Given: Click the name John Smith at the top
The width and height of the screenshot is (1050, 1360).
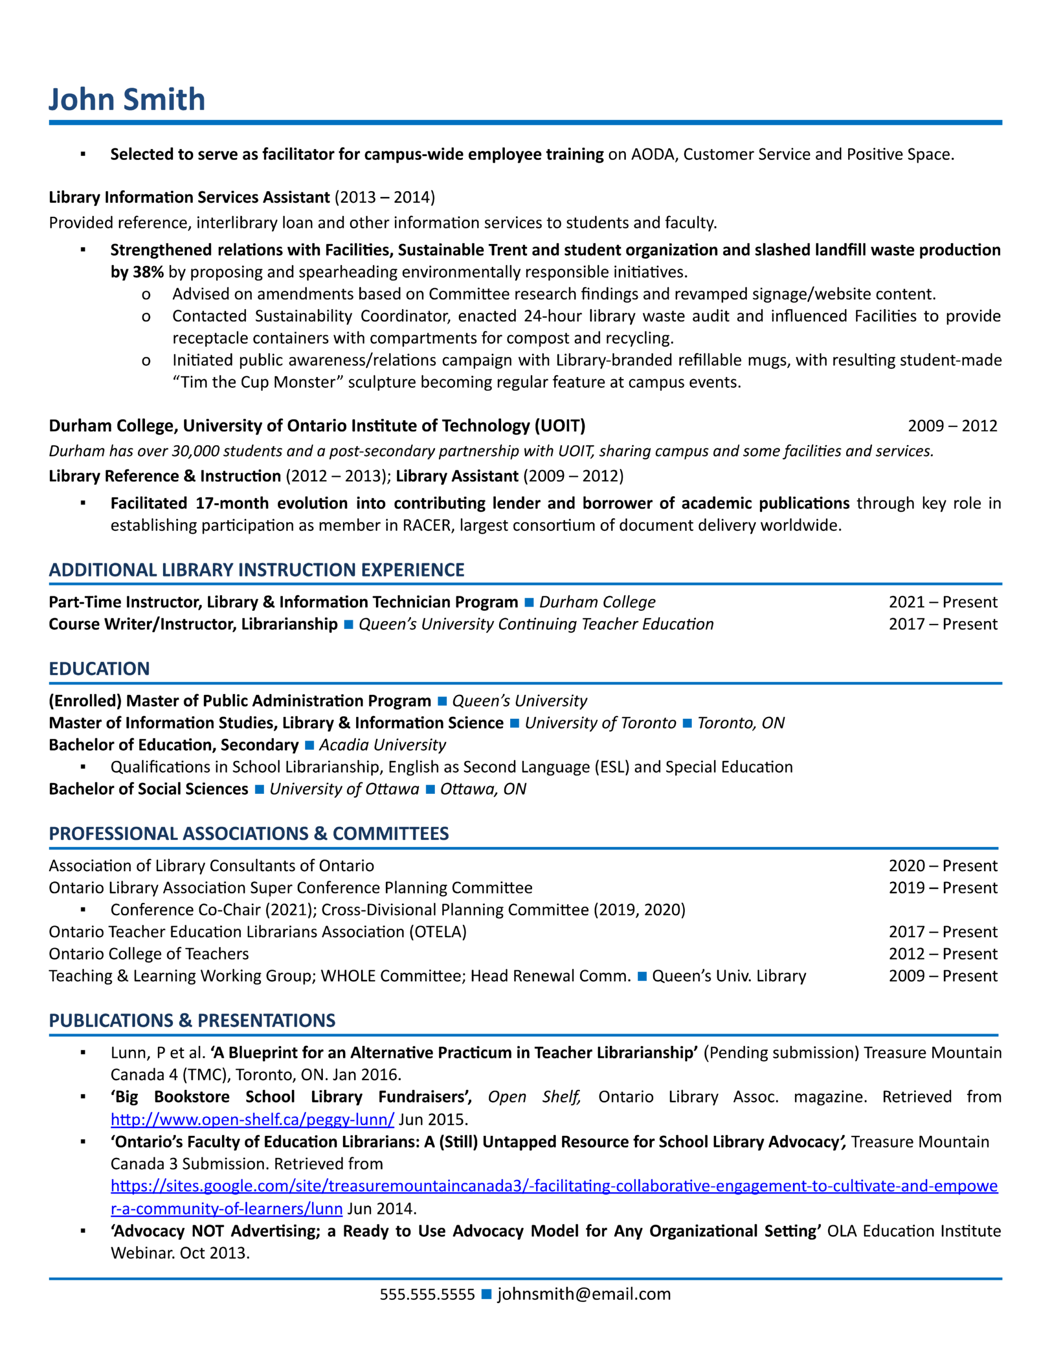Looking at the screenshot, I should (x=127, y=100).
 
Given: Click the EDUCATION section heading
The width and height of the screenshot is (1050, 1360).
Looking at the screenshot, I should (x=99, y=669).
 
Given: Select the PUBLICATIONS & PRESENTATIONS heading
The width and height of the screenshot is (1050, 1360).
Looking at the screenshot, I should (x=192, y=1021).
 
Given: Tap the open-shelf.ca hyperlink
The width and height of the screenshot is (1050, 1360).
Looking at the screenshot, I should (x=252, y=1120).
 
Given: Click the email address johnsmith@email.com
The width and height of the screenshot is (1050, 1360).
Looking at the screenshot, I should (x=583, y=1295).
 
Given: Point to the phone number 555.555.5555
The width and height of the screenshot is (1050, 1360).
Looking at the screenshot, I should (x=427, y=1295).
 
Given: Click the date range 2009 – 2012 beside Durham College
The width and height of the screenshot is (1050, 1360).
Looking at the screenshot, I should (x=952, y=426).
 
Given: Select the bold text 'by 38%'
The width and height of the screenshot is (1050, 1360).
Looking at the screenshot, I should (x=137, y=272).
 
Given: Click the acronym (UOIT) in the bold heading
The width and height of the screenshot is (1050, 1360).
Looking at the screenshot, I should (x=560, y=426).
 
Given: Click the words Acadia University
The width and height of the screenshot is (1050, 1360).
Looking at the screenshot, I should (x=382, y=745).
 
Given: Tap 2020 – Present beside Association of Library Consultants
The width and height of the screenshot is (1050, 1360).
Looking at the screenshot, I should (x=942, y=865).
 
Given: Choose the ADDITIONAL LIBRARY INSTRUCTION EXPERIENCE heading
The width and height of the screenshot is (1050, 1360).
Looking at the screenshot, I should (x=256, y=570).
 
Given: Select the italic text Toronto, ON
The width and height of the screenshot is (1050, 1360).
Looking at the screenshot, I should (x=741, y=723).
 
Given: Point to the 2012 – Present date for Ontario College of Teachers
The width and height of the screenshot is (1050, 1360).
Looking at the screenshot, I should (x=942, y=954).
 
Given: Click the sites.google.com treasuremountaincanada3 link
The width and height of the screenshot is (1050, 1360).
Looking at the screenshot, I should (x=554, y=1186).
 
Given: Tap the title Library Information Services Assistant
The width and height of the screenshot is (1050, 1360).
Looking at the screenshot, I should (x=189, y=198).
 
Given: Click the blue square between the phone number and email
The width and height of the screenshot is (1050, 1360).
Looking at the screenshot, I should (x=487, y=1295).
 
